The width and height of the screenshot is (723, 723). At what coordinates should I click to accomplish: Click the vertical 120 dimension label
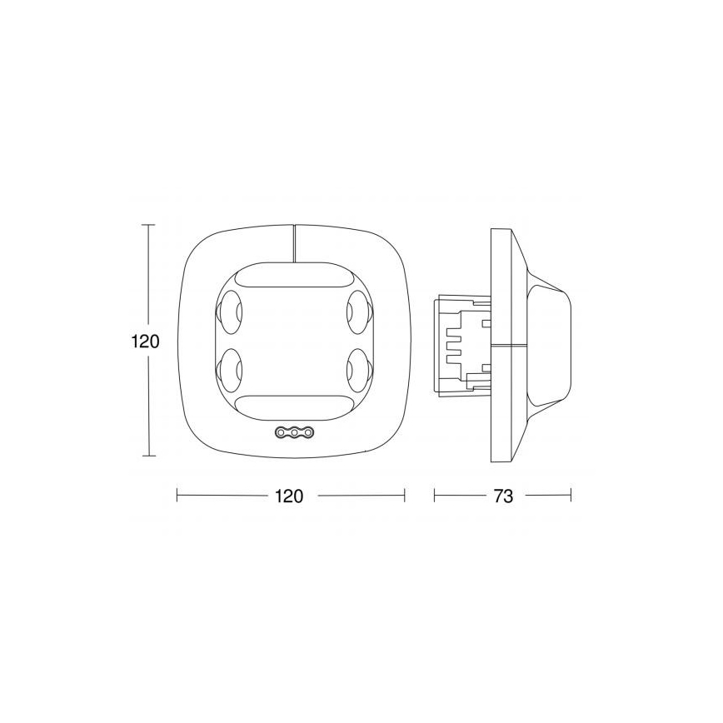(x=144, y=342)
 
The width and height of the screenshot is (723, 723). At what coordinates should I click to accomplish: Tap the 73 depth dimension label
(x=503, y=496)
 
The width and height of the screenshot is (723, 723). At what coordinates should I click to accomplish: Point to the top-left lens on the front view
(x=228, y=312)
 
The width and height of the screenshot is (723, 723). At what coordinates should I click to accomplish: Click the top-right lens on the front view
(x=359, y=312)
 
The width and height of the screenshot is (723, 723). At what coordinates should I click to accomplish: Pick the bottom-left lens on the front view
(x=228, y=367)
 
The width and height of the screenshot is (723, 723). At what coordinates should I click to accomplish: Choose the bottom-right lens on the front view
(x=359, y=367)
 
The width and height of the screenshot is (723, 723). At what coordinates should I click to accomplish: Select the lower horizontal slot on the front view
(x=294, y=406)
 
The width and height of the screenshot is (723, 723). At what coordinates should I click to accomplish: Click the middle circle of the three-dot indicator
(x=294, y=432)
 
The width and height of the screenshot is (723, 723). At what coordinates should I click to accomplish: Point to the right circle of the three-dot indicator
(x=307, y=432)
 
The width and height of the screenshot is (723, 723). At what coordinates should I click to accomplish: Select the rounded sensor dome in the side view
(x=556, y=342)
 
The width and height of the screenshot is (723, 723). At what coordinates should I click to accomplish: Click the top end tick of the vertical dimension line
(x=149, y=225)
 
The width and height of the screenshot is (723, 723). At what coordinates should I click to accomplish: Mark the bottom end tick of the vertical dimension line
(x=149, y=456)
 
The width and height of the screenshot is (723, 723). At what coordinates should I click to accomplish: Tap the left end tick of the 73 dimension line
(x=435, y=496)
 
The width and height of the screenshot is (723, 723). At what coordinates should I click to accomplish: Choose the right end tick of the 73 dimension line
(x=571, y=496)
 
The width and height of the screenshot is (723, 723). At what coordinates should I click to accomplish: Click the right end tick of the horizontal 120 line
(x=404, y=496)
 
